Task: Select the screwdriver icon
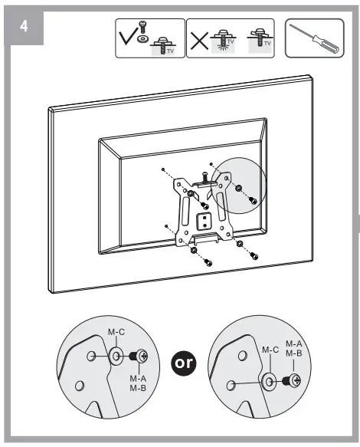pos(314,37)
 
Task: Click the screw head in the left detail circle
pos(140,357)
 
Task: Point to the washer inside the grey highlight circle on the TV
pos(240,189)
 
